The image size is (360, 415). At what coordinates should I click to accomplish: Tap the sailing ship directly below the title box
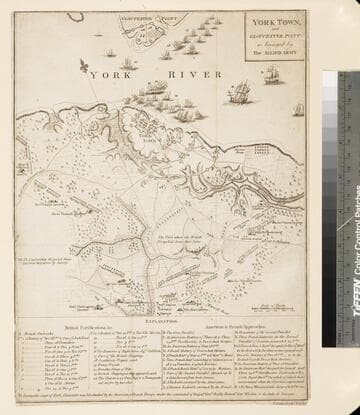click(x=243, y=95)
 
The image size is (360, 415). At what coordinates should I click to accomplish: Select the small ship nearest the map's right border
click(x=298, y=109)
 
